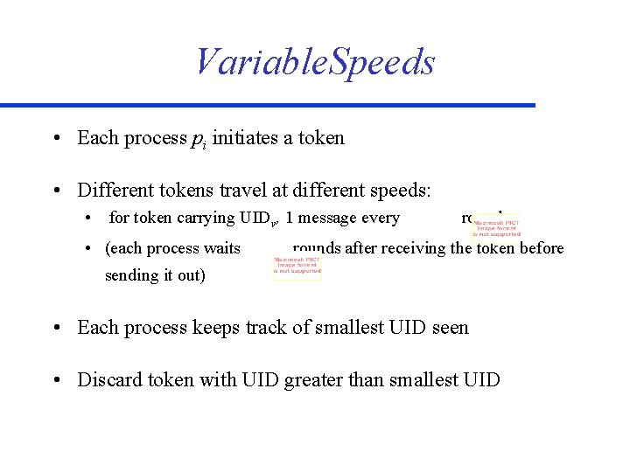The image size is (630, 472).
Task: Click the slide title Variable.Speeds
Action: [x=314, y=61]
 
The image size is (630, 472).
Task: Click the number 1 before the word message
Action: [x=302, y=219]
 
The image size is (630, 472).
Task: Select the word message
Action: [x=339, y=219]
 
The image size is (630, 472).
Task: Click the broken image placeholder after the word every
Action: [x=496, y=226]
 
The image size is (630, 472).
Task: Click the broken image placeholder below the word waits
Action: [x=297, y=266]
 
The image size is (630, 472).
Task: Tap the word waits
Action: [x=222, y=248]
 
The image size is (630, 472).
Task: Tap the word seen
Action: [x=451, y=328]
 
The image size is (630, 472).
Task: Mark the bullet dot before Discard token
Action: [x=57, y=380]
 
